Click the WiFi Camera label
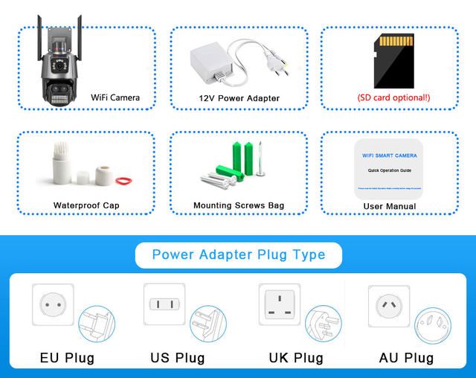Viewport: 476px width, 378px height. pos(115,97)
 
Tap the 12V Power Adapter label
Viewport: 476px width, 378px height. pos(239,98)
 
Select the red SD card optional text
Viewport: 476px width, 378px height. pos(393,97)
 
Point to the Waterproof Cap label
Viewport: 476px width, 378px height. pos(86,205)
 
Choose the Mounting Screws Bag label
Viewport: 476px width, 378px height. pos(239,205)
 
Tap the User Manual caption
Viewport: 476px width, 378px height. pos(390,206)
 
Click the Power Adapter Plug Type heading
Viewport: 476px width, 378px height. pos(239,254)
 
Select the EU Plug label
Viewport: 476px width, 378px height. pos(67,358)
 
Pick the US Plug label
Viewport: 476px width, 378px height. pos(178,358)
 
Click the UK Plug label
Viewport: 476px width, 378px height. pos(296,358)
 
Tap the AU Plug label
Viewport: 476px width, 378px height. pos(406,358)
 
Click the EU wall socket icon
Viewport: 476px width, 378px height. pos(51,304)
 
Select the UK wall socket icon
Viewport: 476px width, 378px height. pos(278,303)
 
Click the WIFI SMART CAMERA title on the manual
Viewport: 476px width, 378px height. pos(390,157)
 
